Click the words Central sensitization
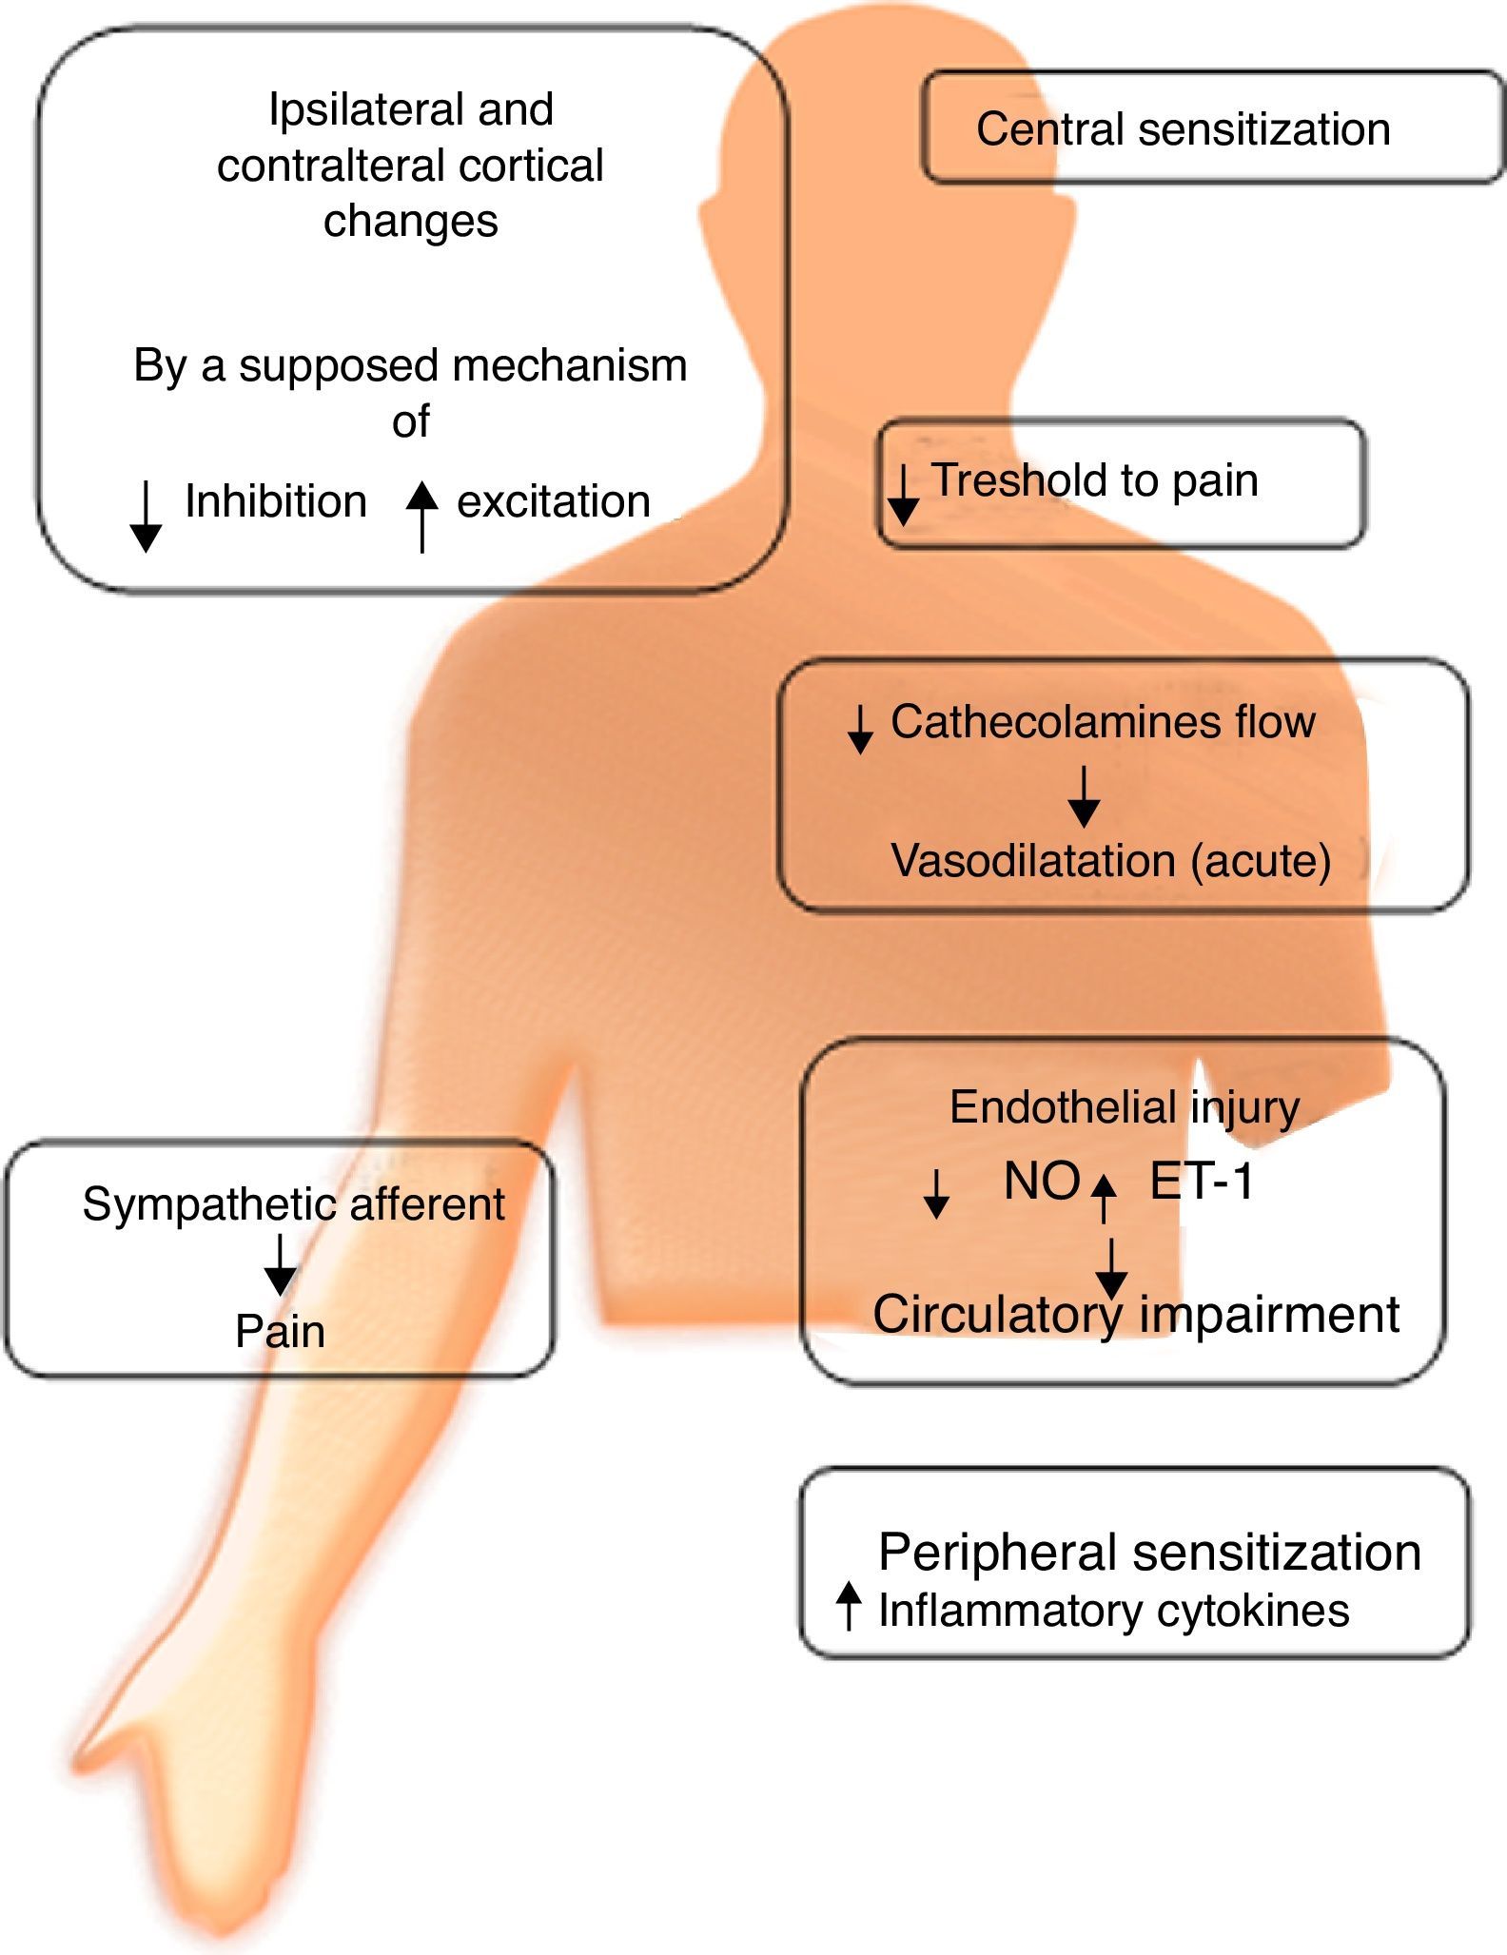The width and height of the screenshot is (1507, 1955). (x=1183, y=129)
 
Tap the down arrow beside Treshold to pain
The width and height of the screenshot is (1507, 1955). (x=903, y=495)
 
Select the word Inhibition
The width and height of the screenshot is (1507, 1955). (x=275, y=501)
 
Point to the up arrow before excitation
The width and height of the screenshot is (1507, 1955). (x=421, y=517)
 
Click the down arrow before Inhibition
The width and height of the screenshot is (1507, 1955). (x=145, y=517)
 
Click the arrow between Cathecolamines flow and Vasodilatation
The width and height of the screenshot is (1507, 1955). (x=1084, y=797)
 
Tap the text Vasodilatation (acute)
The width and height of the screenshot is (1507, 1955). (x=1110, y=861)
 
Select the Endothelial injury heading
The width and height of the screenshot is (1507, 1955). (x=1125, y=1107)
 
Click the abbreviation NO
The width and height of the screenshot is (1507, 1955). (x=1042, y=1183)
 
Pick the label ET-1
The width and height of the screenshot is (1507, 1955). (x=1202, y=1183)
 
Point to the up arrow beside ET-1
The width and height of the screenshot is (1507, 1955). (x=1103, y=1197)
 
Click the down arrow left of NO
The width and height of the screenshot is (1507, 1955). (x=936, y=1195)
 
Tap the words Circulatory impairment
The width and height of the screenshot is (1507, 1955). (x=1136, y=1315)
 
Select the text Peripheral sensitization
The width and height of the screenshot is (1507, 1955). (x=1149, y=1554)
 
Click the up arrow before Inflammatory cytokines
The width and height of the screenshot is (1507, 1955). (x=848, y=1607)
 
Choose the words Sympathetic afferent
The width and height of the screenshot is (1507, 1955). (x=293, y=1204)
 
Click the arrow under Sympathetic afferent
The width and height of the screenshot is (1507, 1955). (x=280, y=1265)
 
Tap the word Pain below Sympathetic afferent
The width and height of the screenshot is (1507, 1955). (x=280, y=1331)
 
